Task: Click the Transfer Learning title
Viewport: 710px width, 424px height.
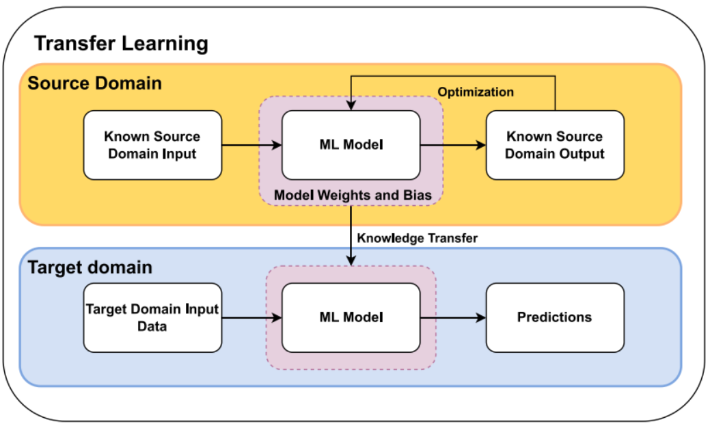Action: pos(121,44)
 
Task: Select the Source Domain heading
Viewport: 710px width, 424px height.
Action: pos(94,83)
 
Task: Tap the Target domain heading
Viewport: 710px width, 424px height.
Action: pos(90,267)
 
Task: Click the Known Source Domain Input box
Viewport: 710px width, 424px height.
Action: pos(152,145)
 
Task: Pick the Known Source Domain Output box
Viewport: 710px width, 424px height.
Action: pos(555,145)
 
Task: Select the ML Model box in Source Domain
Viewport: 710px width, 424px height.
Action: pos(351,145)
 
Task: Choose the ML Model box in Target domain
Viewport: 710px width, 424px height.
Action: pos(351,317)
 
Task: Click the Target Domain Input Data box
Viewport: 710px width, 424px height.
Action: pos(152,317)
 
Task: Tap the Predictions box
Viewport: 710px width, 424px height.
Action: pos(555,317)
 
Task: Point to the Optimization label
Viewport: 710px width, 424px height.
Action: pos(476,92)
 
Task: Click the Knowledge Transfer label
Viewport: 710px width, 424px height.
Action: pos(417,238)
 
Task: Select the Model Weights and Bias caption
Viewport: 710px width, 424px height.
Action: pos(353,195)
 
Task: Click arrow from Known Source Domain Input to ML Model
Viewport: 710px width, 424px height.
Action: pos(251,145)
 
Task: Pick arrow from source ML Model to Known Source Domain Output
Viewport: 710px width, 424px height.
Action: pos(453,145)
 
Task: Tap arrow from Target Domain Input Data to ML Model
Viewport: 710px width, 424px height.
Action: pos(251,317)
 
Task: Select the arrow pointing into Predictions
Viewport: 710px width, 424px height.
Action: pos(453,317)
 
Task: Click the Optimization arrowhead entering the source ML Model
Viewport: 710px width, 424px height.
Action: pos(351,105)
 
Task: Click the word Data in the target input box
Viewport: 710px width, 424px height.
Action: pos(152,327)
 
